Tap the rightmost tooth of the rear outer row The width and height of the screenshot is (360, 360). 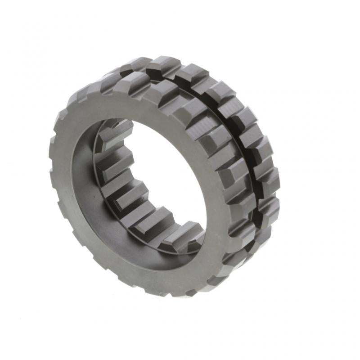pyautogui.click(x=270, y=180)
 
